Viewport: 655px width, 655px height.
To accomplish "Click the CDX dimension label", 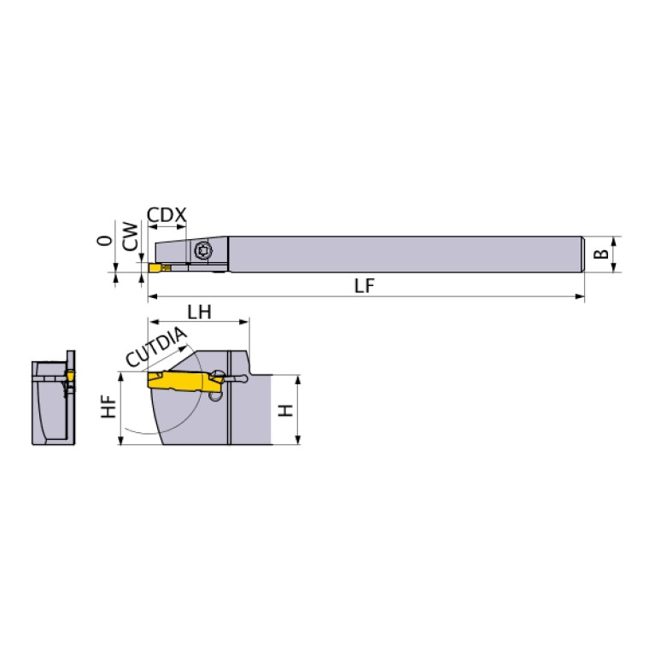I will [x=167, y=215].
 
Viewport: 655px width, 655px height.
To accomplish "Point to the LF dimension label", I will [x=365, y=286].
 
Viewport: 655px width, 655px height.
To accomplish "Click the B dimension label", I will [x=601, y=254].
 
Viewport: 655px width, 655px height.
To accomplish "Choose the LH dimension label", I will [x=199, y=312].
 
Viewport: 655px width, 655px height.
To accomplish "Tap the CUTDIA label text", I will [x=155, y=348].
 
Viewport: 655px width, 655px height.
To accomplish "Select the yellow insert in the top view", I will [x=158, y=268].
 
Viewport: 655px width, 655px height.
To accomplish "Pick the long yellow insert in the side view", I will [x=184, y=382].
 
